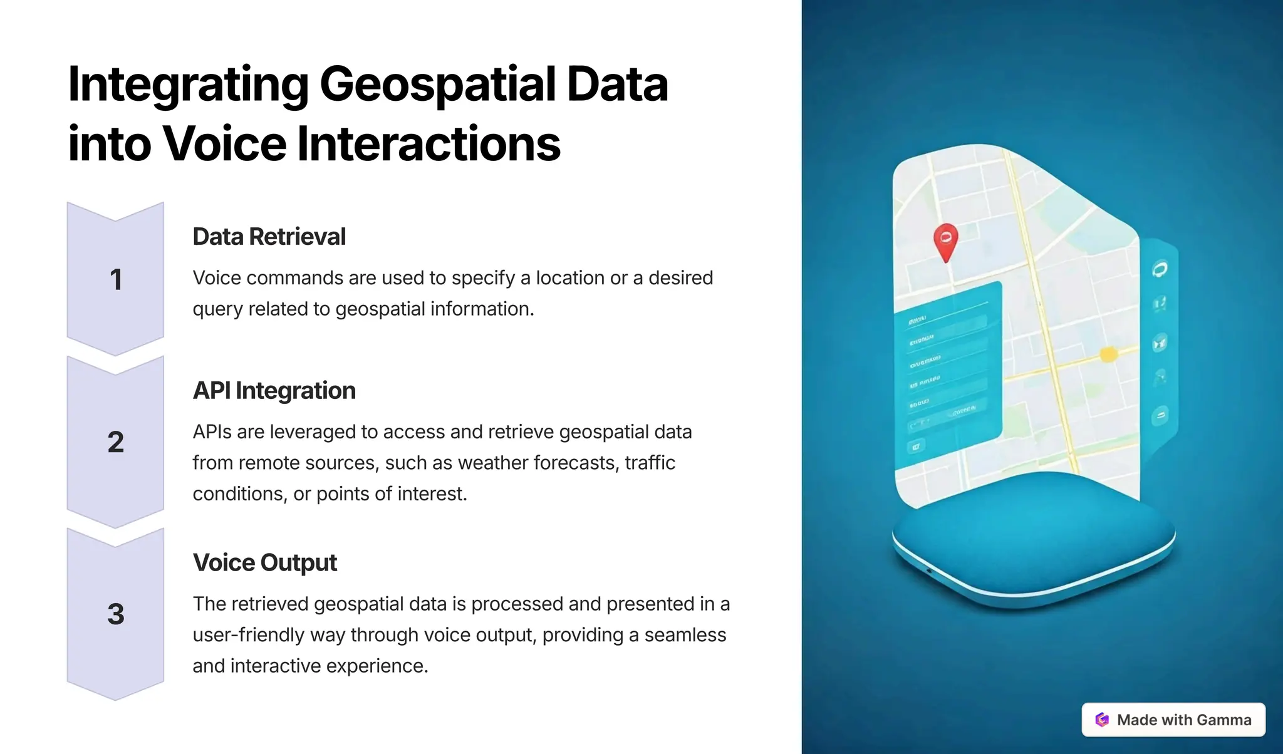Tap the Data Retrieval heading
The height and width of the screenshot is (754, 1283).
point(269,237)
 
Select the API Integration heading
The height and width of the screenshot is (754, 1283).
point(274,391)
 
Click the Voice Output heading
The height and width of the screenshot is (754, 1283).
point(264,562)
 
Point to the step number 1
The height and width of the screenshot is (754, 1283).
point(116,280)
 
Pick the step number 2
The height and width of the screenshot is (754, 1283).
point(116,443)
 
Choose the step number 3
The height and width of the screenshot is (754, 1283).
point(116,614)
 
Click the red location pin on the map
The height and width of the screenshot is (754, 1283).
point(945,240)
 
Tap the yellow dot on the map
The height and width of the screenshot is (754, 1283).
point(1108,354)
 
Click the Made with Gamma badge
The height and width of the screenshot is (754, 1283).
point(1173,720)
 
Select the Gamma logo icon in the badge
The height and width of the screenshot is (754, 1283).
point(1102,720)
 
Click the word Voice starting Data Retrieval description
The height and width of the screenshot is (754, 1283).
point(217,278)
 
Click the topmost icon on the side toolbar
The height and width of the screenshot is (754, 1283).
point(1160,270)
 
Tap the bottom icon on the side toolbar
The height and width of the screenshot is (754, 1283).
point(1160,415)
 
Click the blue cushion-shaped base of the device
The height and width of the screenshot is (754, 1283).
point(1034,539)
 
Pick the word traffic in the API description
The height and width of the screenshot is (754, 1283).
point(650,463)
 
